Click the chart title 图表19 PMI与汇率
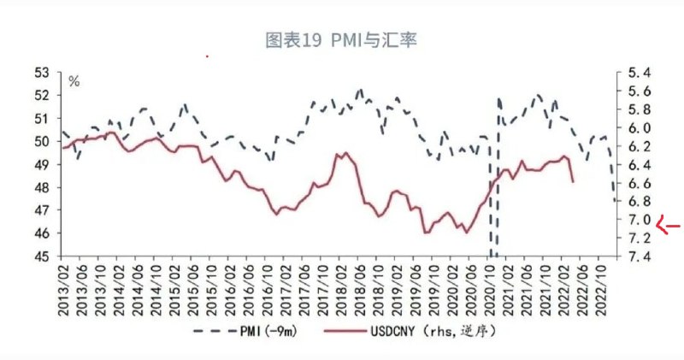[341, 40]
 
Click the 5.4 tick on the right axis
[640, 73]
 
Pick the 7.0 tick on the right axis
[640, 220]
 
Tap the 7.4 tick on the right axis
[640, 257]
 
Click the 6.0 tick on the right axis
[640, 128]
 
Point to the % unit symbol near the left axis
[74, 82]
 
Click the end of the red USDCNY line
[572, 181]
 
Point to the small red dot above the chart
[207, 56]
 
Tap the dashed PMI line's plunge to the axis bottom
[493, 253]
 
